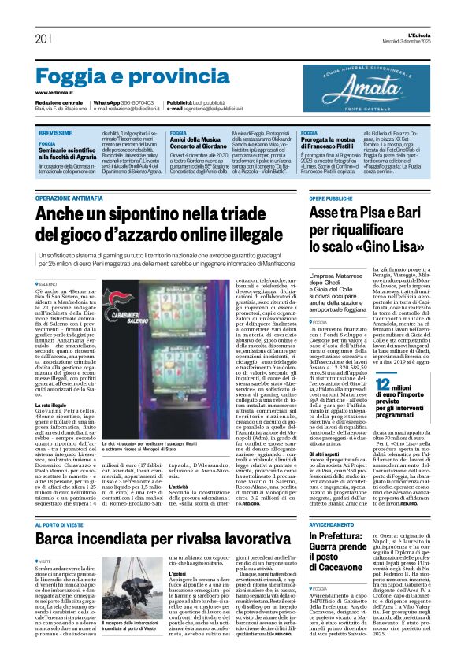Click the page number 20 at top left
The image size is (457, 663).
point(41,39)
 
